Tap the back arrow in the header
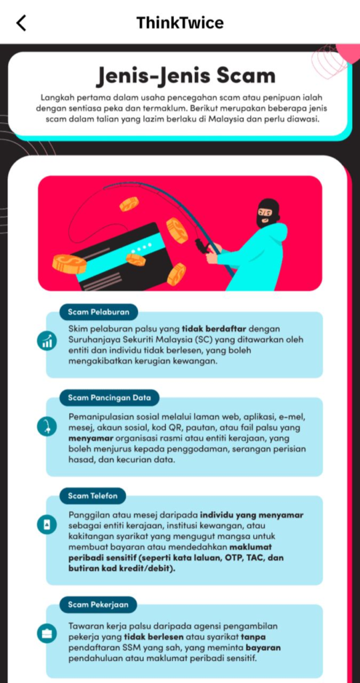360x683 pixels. coord(21,23)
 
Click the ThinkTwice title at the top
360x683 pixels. coord(180,22)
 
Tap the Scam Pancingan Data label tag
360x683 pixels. coord(109,398)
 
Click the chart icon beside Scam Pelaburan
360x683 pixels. coord(47,341)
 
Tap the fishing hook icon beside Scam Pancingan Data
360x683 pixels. coord(47,427)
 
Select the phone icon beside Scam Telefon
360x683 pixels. coord(47,526)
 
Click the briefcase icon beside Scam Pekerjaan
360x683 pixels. coord(47,634)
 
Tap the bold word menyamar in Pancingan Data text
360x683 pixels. coord(90,438)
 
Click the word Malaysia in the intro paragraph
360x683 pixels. coord(264,119)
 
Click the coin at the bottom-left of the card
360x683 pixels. coord(69,264)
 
